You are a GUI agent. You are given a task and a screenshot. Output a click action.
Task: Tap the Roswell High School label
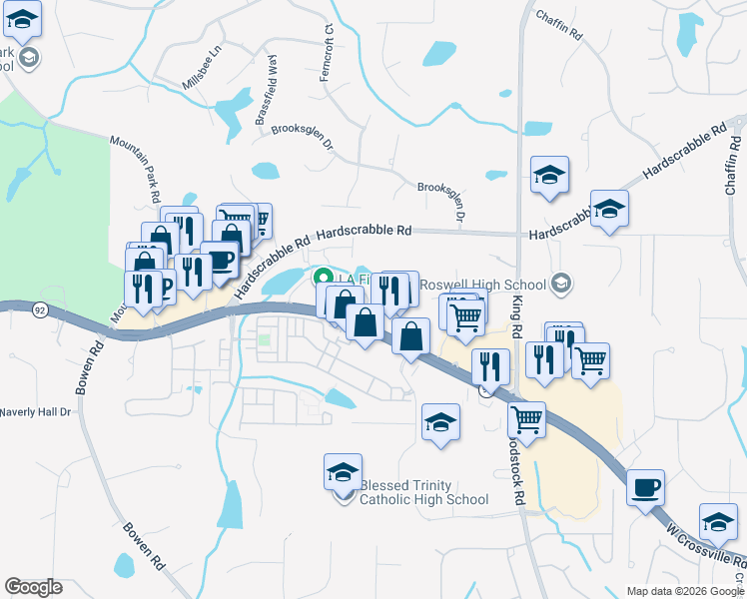483,285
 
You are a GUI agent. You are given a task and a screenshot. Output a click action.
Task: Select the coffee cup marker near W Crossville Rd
646,486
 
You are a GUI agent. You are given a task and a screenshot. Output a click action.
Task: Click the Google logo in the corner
32,587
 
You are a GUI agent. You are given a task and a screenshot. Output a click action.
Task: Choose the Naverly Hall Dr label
37,411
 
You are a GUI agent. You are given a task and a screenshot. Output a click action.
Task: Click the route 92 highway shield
39,310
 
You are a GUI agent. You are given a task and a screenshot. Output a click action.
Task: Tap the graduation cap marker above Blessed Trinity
343,471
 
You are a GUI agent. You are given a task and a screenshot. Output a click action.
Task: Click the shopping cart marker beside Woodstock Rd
525,418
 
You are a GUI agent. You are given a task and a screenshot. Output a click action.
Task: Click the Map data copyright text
685,591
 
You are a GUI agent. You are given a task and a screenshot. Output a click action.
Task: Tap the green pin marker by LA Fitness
322,279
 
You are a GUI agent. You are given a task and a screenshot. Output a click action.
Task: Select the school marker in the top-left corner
22,18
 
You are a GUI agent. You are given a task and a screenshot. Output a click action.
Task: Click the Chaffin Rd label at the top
559,24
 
